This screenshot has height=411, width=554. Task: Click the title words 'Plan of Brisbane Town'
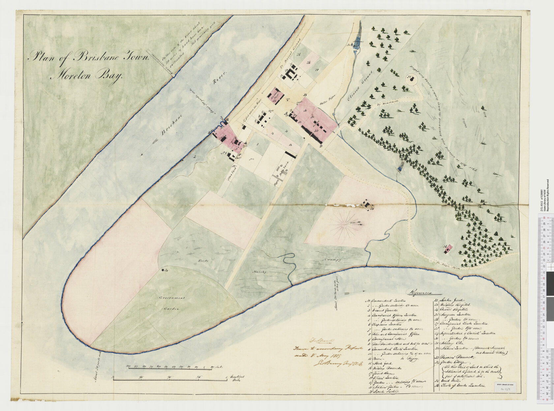[x=89, y=57]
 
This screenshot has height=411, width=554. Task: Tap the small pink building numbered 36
[x=447, y=249]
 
